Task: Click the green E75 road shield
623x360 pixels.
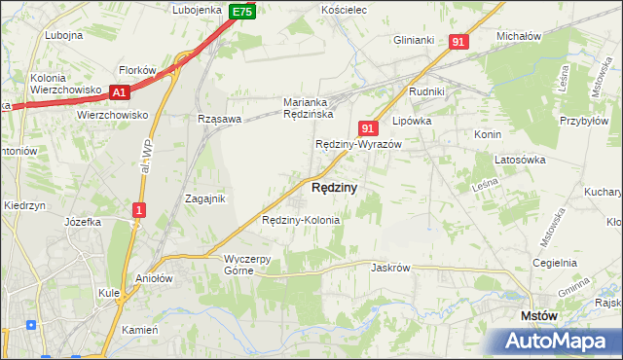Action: pyautogui.click(x=243, y=12)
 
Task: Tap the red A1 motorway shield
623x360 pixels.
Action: pyautogui.click(x=120, y=92)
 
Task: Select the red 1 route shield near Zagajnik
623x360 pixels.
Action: pyautogui.click(x=140, y=210)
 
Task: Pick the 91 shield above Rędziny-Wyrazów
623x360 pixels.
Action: pyautogui.click(x=367, y=127)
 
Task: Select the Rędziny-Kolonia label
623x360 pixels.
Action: pyautogui.click(x=301, y=220)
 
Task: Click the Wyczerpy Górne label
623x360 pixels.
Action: pyautogui.click(x=253, y=264)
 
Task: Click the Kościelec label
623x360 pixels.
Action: pyautogui.click(x=343, y=10)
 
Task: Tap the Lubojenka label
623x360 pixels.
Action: pyautogui.click(x=198, y=10)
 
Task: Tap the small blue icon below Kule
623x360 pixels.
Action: pyautogui.click(x=32, y=326)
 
